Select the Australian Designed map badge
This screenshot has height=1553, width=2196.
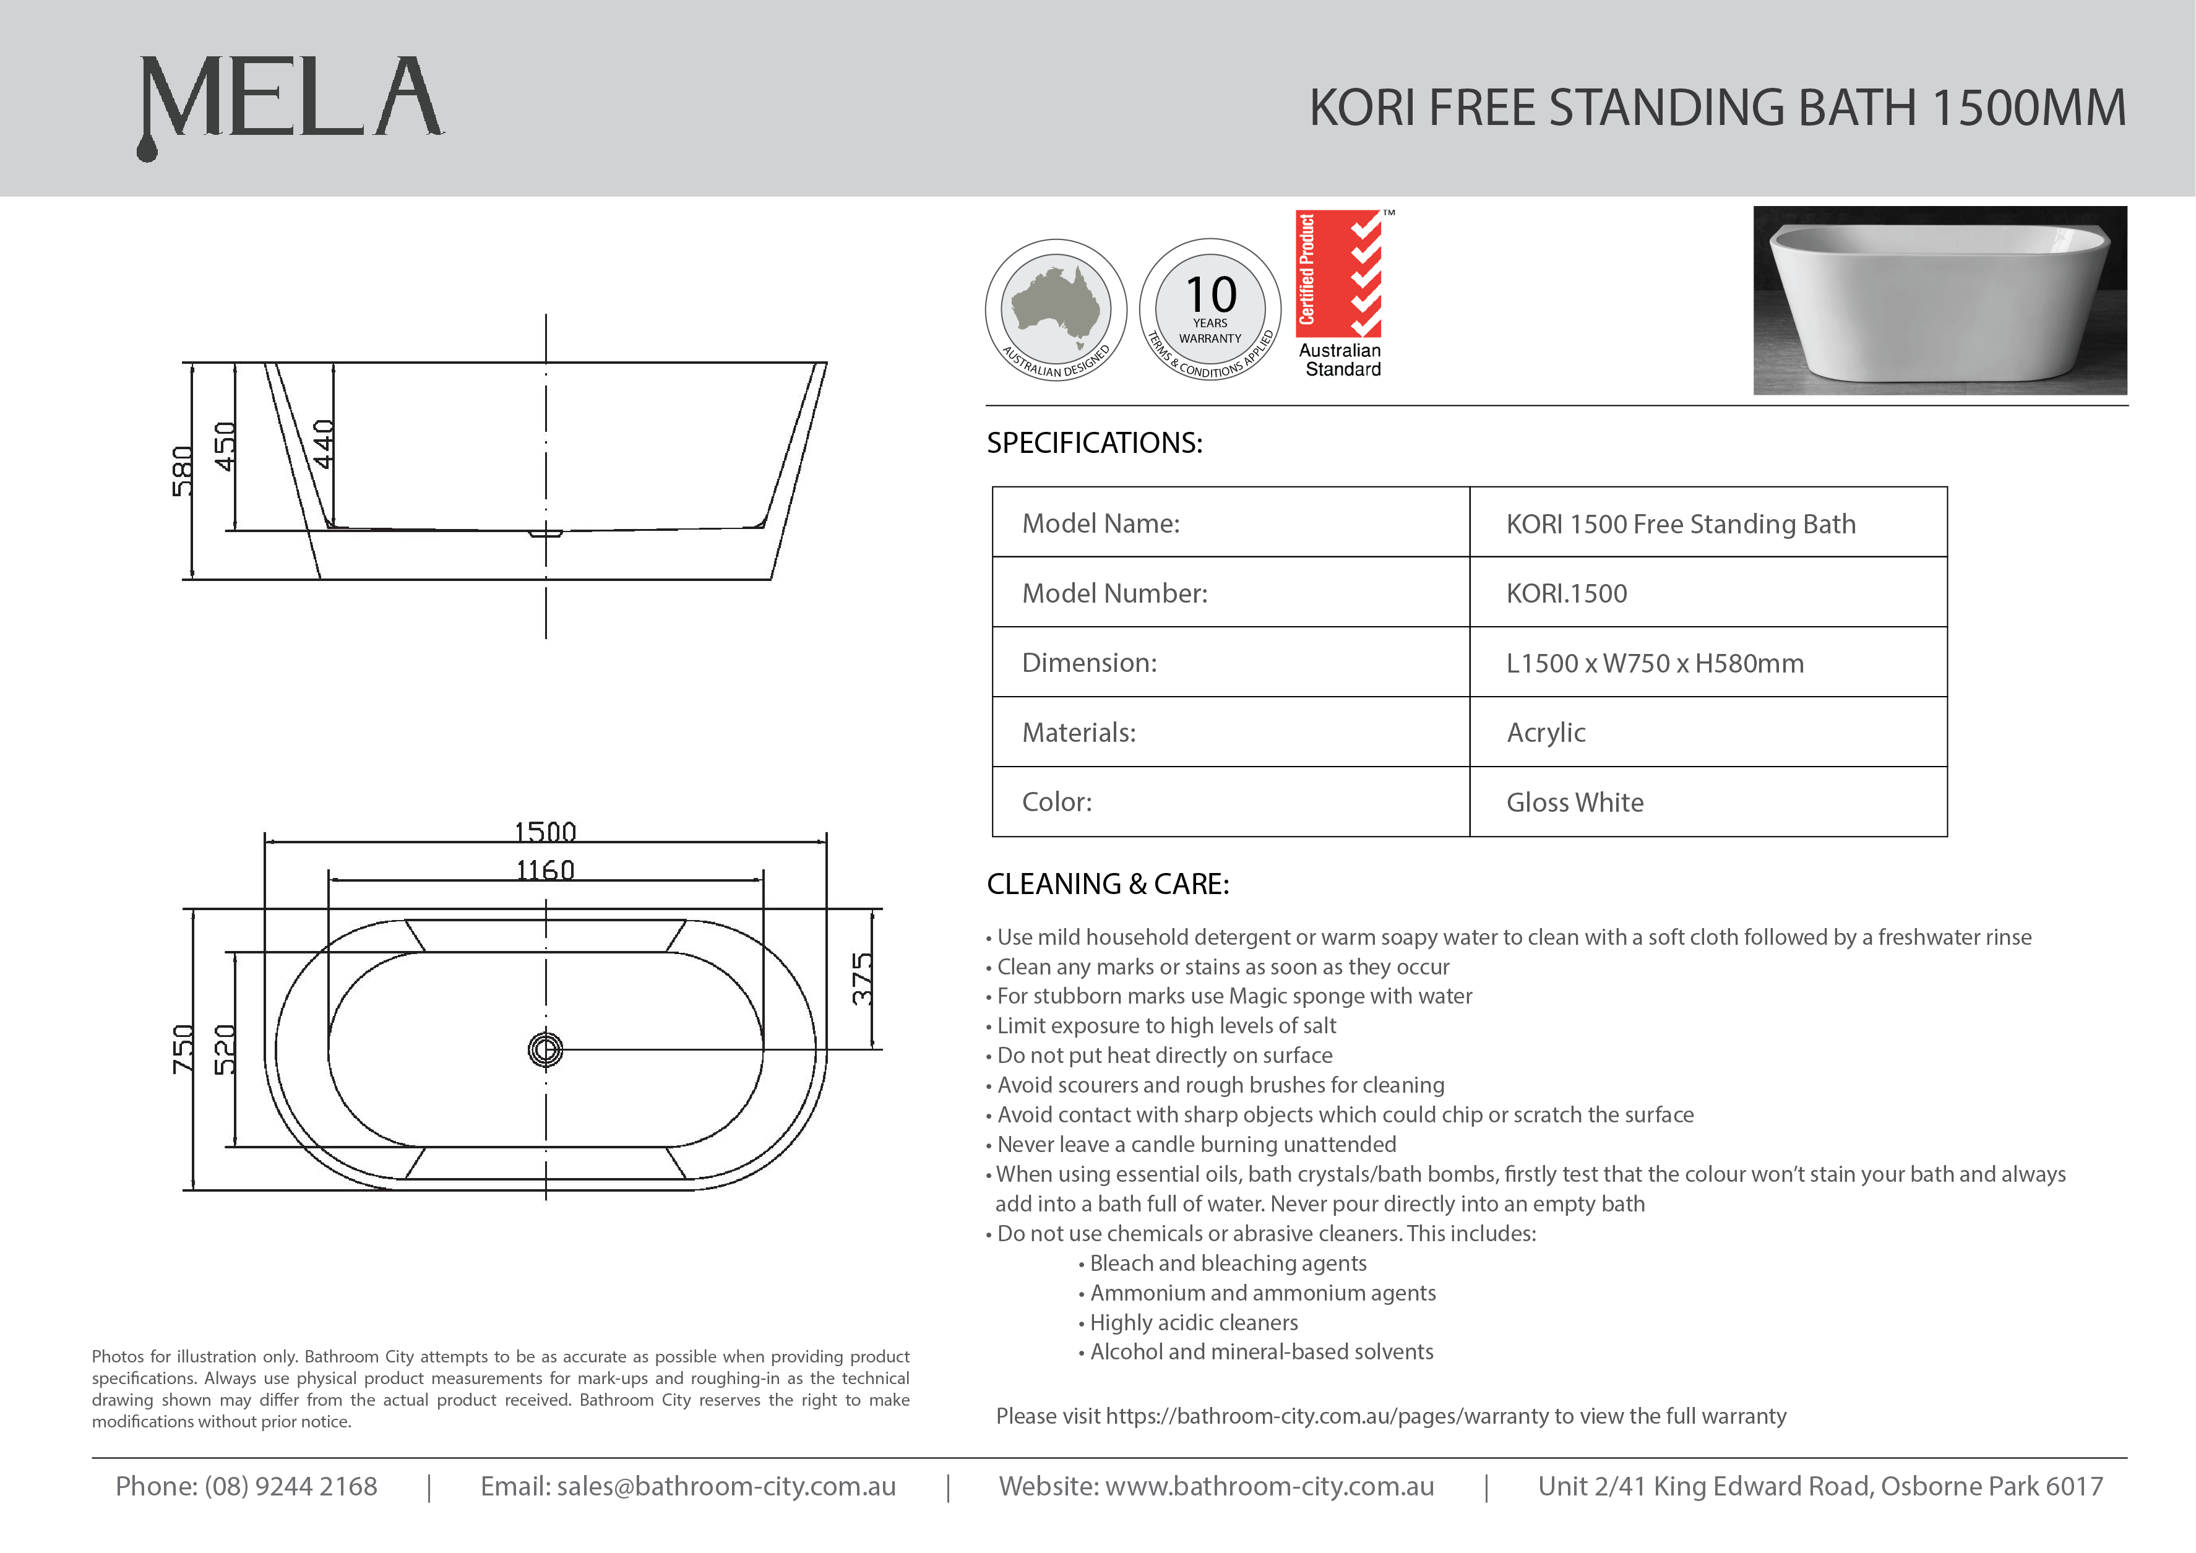tap(1056, 309)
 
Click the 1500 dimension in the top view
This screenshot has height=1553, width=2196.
tap(545, 831)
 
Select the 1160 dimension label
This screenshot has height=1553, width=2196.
tap(545, 869)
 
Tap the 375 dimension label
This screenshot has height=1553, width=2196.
tap(863, 978)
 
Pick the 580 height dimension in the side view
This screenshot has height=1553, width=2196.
tap(182, 470)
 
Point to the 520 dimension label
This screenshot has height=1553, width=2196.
tap(225, 1049)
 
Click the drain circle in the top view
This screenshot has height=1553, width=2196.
tap(545, 1049)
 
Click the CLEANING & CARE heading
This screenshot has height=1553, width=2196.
tap(1108, 884)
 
